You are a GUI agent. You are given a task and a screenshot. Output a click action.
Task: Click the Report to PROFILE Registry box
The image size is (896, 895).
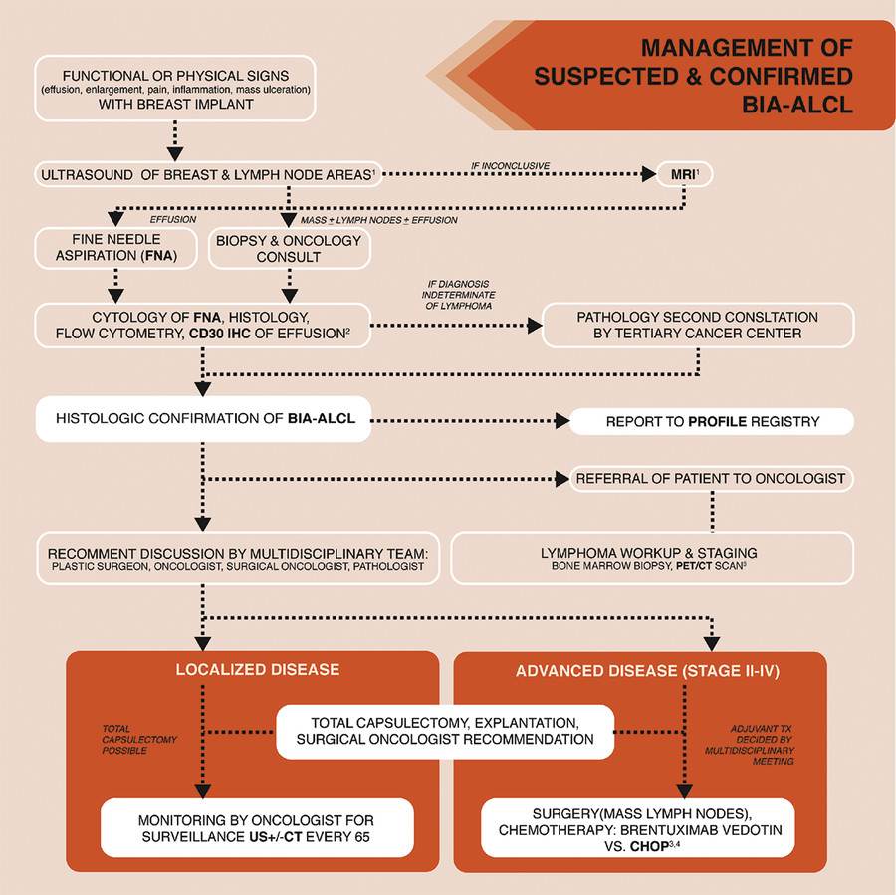click(x=712, y=421)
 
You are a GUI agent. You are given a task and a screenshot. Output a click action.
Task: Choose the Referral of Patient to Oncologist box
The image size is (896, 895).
click(x=712, y=478)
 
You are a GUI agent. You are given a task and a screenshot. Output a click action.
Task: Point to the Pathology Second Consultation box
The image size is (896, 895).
click(x=697, y=325)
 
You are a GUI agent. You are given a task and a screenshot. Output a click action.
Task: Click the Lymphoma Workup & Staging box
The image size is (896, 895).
click(x=652, y=558)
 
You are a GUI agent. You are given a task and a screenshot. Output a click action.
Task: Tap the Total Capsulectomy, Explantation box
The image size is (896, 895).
click(x=445, y=731)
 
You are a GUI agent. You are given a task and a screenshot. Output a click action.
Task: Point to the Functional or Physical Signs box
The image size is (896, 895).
click(x=174, y=87)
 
